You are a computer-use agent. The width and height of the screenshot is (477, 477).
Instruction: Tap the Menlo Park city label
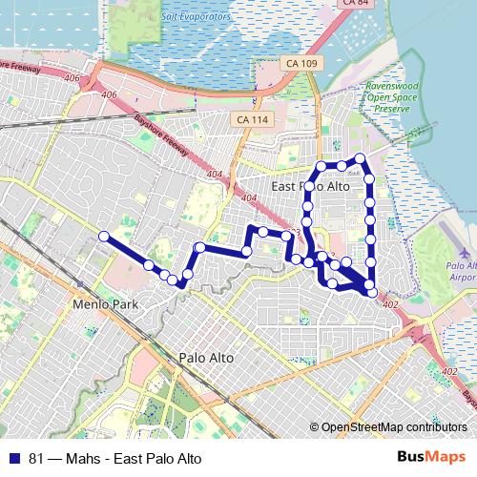(x=105, y=305)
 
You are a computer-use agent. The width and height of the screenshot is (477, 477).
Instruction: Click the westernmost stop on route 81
(x=104, y=236)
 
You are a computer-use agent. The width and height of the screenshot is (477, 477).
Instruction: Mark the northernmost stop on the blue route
(x=360, y=158)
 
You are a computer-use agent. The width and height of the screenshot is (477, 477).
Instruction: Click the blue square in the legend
(x=15, y=458)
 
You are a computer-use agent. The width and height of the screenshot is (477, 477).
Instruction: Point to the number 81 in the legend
(x=36, y=458)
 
